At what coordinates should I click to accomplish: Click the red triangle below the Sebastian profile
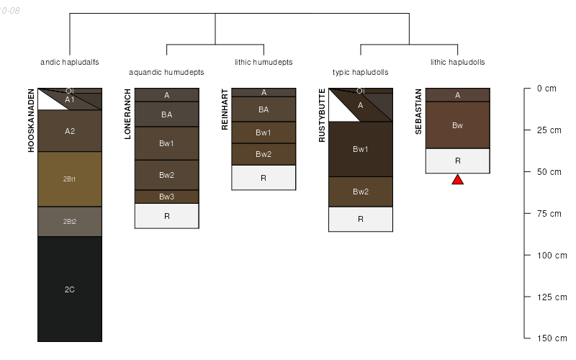[x=457, y=180]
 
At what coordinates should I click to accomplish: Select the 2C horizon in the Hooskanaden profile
[x=70, y=289]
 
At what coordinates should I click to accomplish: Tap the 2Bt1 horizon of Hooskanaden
[x=70, y=179]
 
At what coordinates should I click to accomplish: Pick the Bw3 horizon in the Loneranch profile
[x=166, y=197]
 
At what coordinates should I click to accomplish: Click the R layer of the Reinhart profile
[x=264, y=177]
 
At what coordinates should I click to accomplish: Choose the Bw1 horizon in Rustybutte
[x=361, y=149]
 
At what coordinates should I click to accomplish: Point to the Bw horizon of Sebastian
[x=457, y=125]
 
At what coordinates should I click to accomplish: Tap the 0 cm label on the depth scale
[x=546, y=89]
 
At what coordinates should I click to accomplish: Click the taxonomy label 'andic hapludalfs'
[x=70, y=63]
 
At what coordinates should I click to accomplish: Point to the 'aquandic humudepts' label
[x=166, y=73]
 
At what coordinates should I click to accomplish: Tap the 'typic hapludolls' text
[x=361, y=73]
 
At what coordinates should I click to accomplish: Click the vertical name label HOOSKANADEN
[x=32, y=120]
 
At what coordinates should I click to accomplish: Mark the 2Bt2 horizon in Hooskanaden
[x=70, y=222]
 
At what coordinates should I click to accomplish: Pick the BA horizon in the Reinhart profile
[x=264, y=109]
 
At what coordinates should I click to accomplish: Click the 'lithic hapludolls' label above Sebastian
[x=457, y=63]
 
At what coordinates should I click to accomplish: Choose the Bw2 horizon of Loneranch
[x=166, y=175]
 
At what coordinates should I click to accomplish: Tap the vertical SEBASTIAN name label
[x=419, y=112]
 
